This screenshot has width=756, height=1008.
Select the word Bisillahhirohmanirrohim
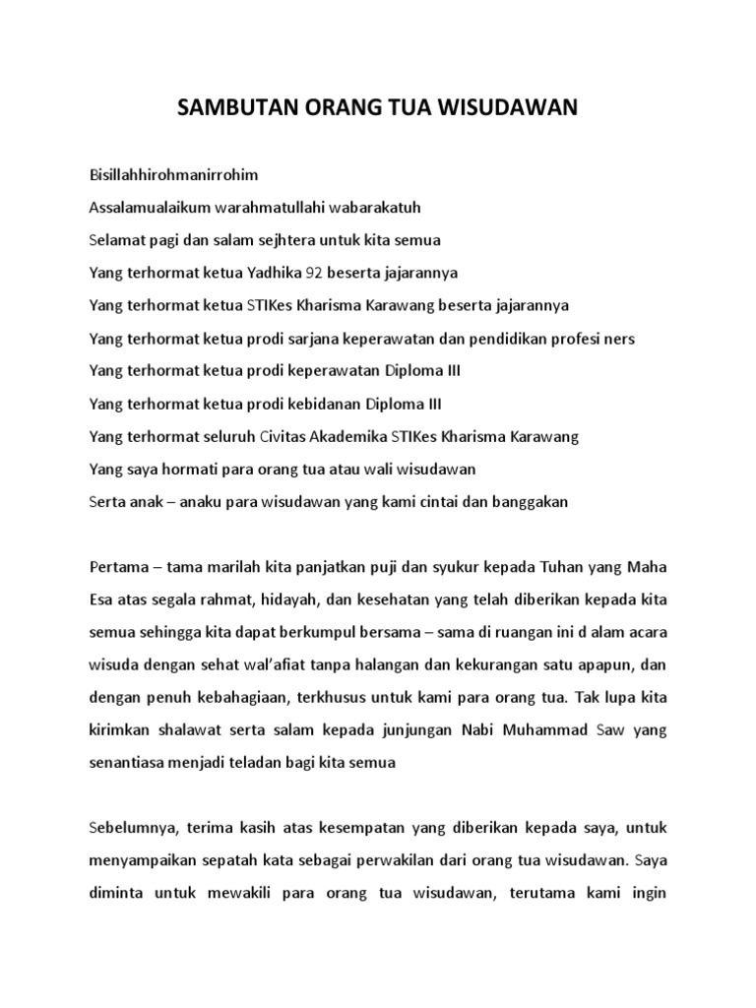(x=172, y=174)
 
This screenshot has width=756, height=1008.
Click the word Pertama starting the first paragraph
(x=117, y=567)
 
